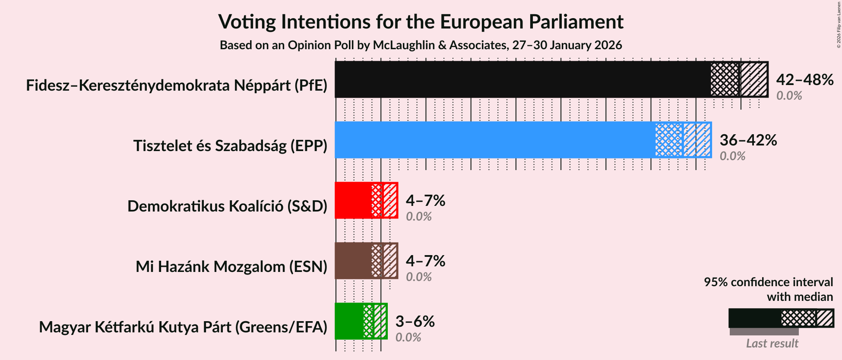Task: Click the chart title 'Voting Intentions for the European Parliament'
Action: tap(421, 22)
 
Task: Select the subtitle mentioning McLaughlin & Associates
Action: tap(421, 45)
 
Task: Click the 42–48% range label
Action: tap(804, 80)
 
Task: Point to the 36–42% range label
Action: tap(748, 140)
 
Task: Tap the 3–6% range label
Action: tap(415, 322)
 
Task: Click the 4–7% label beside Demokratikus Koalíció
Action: tap(425, 201)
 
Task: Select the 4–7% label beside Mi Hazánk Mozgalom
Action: tap(425, 261)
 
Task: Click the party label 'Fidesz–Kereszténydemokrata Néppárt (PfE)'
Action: tap(177, 85)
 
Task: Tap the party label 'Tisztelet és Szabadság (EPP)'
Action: tap(230, 146)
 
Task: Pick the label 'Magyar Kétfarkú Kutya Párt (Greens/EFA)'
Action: tap(183, 327)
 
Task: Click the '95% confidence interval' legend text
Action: tap(768, 282)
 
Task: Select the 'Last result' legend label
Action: tap(772, 344)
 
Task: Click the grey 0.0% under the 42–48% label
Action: tap(789, 96)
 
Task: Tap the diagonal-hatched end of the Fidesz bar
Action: tap(754, 79)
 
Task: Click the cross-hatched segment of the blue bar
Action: tap(668, 140)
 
